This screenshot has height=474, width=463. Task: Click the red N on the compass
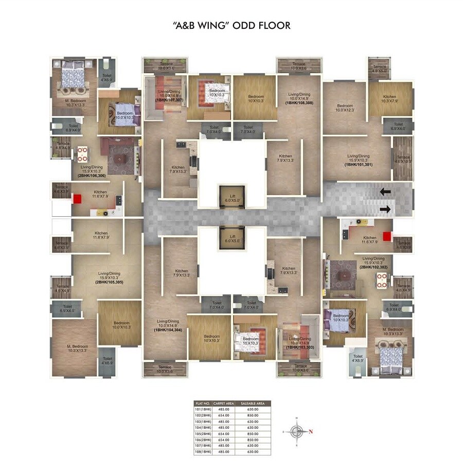click(x=311, y=432)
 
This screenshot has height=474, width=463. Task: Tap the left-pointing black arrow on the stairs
click(x=385, y=192)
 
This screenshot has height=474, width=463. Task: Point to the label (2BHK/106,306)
click(x=93, y=175)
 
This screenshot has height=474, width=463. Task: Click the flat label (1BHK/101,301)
click(x=359, y=165)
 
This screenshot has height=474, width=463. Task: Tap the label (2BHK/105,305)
click(x=109, y=283)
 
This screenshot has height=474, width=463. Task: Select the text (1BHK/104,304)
click(x=169, y=329)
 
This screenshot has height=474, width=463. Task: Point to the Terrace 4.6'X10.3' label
click(x=403, y=160)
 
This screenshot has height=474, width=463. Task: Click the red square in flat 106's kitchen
click(x=78, y=199)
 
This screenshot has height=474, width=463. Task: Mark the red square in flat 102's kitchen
click(x=387, y=228)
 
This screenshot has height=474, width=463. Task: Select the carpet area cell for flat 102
click(x=221, y=415)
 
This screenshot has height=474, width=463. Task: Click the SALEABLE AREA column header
click(x=252, y=403)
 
